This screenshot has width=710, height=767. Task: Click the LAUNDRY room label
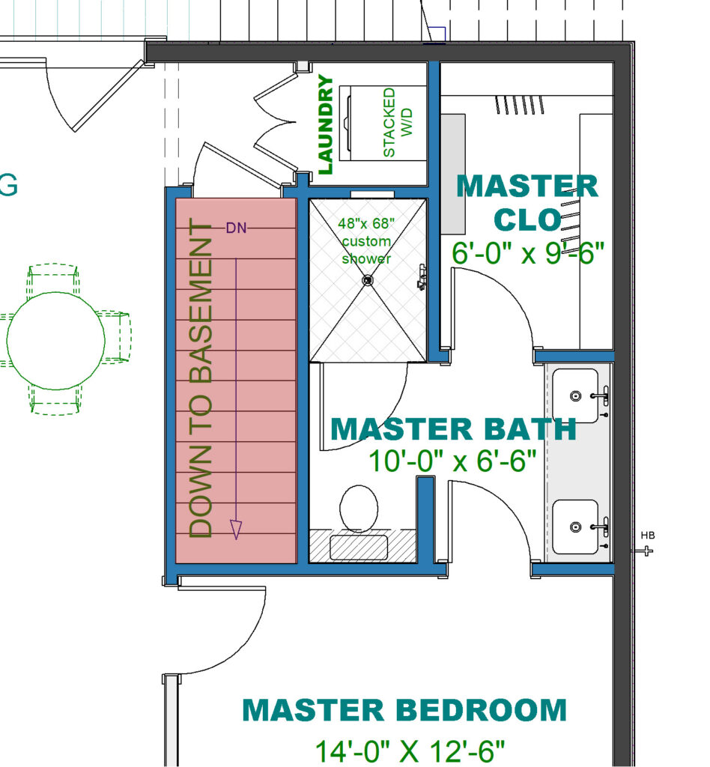(x=325, y=125)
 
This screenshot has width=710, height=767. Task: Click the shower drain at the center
(x=367, y=280)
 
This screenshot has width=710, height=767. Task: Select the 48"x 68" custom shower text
(x=367, y=240)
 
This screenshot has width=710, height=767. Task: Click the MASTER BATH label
(x=453, y=429)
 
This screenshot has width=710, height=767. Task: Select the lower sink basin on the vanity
(x=575, y=527)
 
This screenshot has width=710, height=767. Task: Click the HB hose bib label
(x=648, y=536)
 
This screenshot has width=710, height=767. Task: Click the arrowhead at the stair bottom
(x=237, y=530)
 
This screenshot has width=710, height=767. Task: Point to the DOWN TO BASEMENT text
(x=201, y=378)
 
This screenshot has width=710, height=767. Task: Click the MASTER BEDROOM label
(x=404, y=709)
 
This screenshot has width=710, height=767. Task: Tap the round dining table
(x=56, y=341)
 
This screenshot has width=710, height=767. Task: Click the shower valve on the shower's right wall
(x=423, y=278)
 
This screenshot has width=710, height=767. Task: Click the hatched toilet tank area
(x=362, y=547)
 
